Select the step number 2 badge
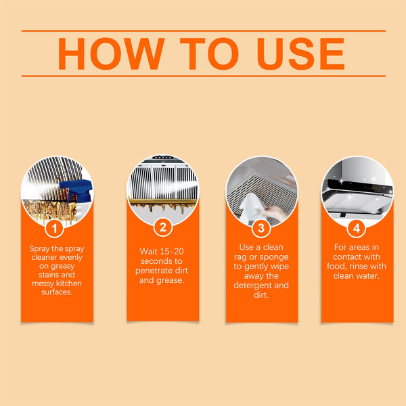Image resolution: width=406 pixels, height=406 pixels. click(162, 226)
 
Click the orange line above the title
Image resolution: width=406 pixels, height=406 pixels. click(203, 30)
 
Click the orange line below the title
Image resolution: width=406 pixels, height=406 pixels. click(203, 76)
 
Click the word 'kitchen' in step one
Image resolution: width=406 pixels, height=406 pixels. click(72, 284)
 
